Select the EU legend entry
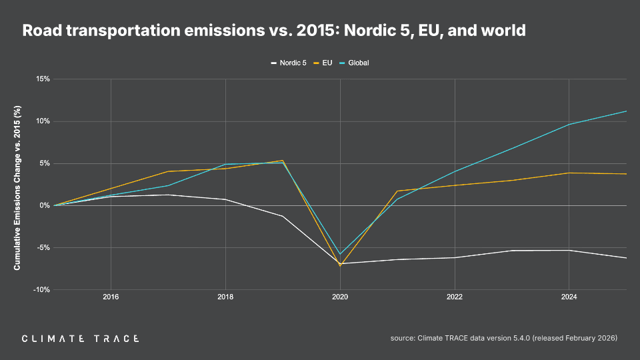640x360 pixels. click(x=327, y=63)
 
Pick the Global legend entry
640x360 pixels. click(x=358, y=63)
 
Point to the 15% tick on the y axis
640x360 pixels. click(x=43, y=79)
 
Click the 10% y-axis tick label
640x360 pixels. click(x=43, y=121)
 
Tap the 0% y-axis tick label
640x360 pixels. click(x=45, y=205)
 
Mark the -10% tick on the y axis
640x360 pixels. click(x=42, y=289)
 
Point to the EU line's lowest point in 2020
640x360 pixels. click(x=340, y=265)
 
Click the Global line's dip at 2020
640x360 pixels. click(x=340, y=254)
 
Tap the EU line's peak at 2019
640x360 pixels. click(x=283, y=161)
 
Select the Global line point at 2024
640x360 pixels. click(x=569, y=124)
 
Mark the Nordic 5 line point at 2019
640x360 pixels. click(x=283, y=216)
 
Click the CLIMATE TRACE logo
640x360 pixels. click(x=80, y=339)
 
